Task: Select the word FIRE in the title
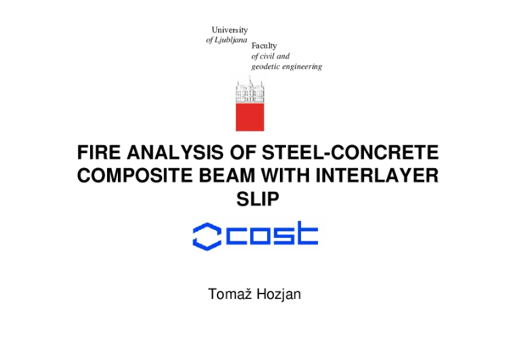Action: (96, 155)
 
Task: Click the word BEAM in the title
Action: (223, 177)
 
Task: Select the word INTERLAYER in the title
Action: (378, 177)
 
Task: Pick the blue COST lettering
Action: (272, 234)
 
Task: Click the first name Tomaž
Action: (228, 295)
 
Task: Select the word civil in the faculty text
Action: (269, 56)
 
